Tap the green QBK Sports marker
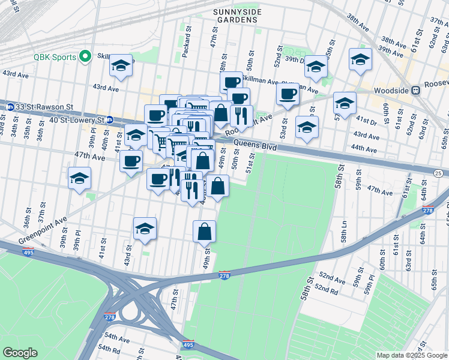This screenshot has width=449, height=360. pyautogui.click(x=85, y=57)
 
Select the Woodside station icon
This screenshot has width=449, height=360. pyautogui.click(x=415, y=90)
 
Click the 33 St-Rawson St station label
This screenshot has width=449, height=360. pyautogui.click(x=45, y=106)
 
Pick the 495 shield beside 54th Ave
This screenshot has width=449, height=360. pyautogui.click(x=188, y=344)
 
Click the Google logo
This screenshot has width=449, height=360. pyautogui.click(x=20, y=353)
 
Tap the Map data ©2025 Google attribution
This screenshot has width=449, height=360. pyautogui.click(x=411, y=355)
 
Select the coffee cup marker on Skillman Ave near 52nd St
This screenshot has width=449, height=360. pyautogui.click(x=288, y=94)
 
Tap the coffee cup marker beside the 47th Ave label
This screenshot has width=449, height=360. pyautogui.click(x=131, y=160)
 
